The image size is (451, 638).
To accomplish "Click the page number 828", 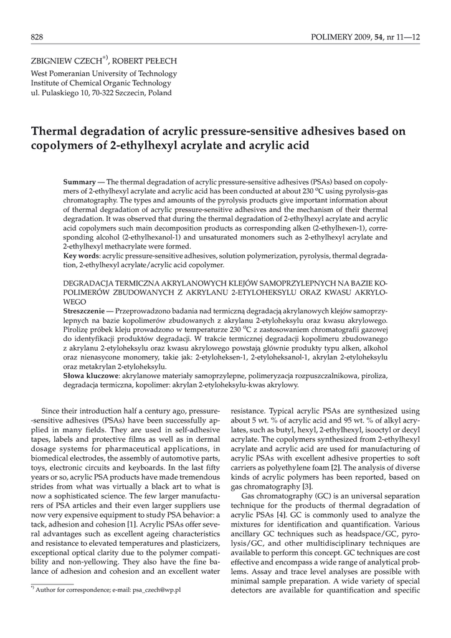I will click(37, 38).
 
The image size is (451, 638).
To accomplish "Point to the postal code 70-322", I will click(103, 93).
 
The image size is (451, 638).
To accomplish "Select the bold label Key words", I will click(81, 256).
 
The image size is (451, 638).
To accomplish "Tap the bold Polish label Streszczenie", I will click(85, 310).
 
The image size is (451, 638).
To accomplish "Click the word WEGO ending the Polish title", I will click(75, 300).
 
